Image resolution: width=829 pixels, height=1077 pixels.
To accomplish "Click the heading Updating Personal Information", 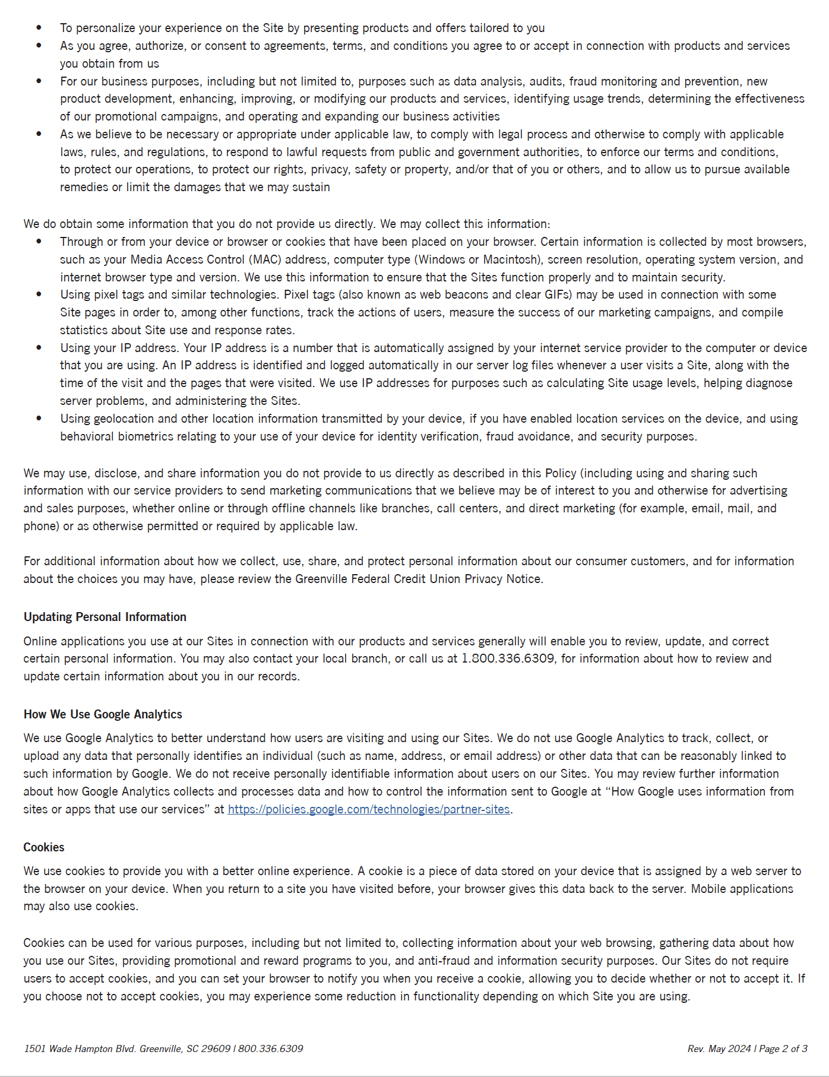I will point(105,617).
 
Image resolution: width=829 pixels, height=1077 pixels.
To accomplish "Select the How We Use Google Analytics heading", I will point(103,714).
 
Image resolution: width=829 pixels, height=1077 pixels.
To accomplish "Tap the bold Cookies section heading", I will point(44,847).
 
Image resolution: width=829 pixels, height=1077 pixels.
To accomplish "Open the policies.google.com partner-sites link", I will point(368,809).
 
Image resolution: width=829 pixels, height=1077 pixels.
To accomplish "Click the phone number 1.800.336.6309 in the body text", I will point(508,658).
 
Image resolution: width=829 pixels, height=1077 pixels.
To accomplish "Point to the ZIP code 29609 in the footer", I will point(216,1049).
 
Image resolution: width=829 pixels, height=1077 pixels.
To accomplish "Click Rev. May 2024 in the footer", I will point(719,1049).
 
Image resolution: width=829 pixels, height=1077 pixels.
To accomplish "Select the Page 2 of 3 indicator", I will point(783,1049).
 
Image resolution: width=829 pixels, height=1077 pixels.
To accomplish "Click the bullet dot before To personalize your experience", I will point(39,28).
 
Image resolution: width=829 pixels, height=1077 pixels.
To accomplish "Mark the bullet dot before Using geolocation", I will point(39,419).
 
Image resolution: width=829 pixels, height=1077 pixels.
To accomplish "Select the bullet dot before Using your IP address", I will point(39,348).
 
